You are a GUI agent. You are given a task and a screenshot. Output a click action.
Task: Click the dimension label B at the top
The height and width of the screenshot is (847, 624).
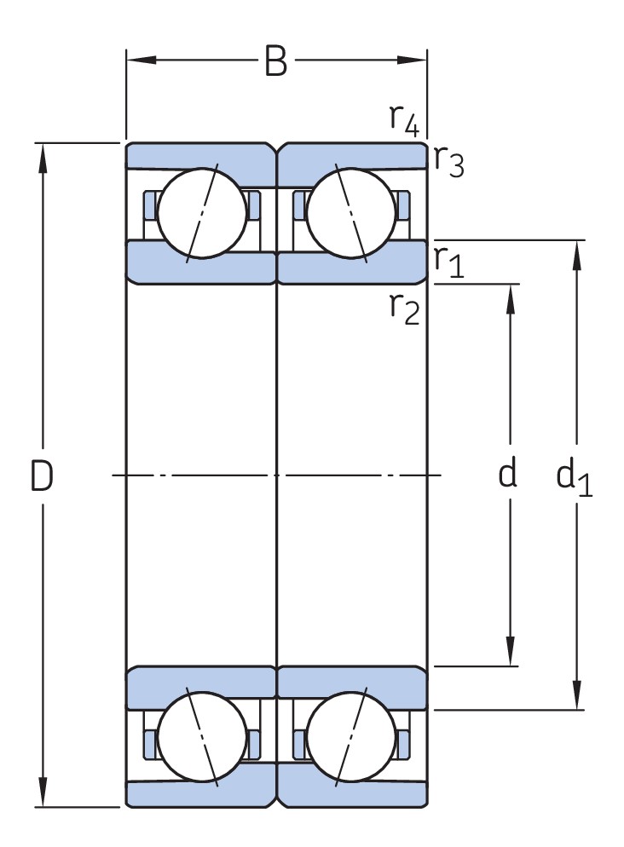pyautogui.click(x=274, y=61)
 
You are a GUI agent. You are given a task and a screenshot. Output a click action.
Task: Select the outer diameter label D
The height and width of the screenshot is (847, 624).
pyautogui.click(x=42, y=476)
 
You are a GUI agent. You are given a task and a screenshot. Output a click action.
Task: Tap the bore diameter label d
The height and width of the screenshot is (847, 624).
pyautogui.click(x=508, y=475)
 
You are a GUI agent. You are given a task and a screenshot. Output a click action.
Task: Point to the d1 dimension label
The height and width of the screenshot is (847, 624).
pyautogui.click(x=574, y=477)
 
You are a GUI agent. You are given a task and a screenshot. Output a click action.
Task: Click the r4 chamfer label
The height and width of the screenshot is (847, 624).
pyautogui.click(x=404, y=119)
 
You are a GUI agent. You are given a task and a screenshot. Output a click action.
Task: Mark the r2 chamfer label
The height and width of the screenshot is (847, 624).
pyautogui.click(x=404, y=307)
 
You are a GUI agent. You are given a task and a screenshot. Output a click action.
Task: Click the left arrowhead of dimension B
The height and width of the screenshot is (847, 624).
pyautogui.click(x=137, y=60)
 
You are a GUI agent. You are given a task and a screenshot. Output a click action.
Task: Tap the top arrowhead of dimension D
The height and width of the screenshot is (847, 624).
pyautogui.click(x=42, y=154)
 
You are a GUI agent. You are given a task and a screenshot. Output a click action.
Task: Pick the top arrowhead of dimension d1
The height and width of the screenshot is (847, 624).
pyautogui.click(x=577, y=252)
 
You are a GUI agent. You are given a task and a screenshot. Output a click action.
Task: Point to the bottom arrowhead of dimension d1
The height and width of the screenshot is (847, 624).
pyautogui.click(x=577, y=698)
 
